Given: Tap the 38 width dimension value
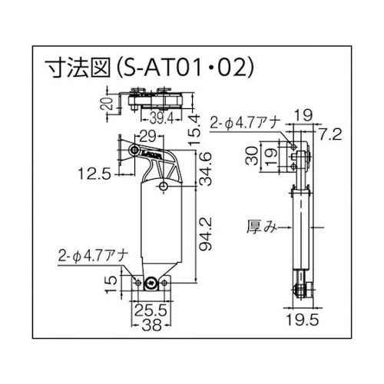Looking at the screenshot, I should pos(151,324).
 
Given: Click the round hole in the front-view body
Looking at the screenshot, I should pos(164,186).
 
